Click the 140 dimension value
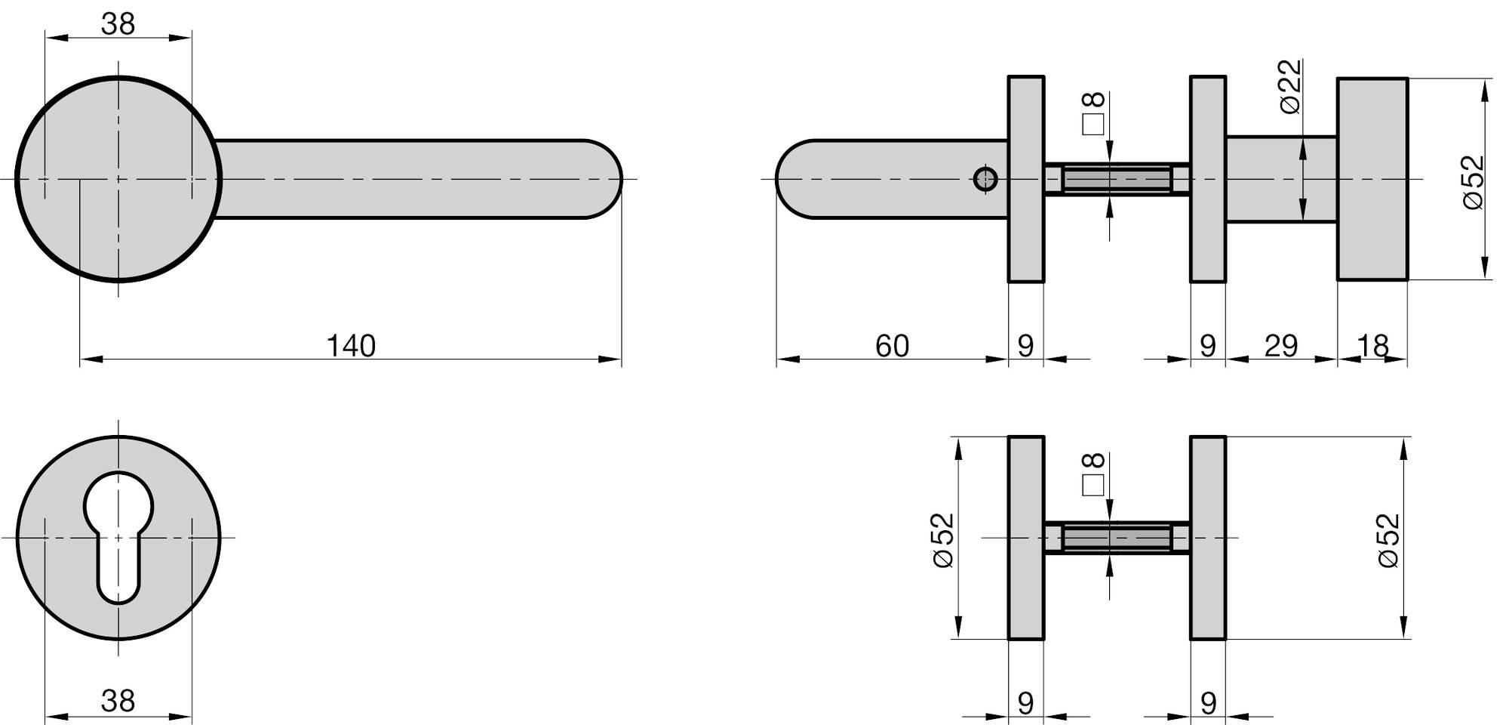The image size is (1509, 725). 351,346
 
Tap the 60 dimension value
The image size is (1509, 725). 892,346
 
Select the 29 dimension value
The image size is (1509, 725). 1281,346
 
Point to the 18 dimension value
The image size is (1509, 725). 1373,346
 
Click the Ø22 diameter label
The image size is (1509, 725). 1292,87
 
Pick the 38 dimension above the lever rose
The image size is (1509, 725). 118,24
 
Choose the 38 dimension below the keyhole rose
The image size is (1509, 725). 118,701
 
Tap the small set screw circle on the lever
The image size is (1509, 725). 985,180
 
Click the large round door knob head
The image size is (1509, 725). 1372,179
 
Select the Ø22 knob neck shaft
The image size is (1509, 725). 1281,179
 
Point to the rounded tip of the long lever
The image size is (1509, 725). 620,180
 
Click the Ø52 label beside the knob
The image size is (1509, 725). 1474,182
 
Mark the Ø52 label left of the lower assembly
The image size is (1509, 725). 944,540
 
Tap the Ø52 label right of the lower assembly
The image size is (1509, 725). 1388,540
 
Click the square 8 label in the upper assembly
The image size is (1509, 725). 1093,113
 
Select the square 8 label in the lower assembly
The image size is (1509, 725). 1093,474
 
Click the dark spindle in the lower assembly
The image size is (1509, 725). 1117,538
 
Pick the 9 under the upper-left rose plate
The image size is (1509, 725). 1025,346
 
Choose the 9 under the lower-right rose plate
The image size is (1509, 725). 1208,703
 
